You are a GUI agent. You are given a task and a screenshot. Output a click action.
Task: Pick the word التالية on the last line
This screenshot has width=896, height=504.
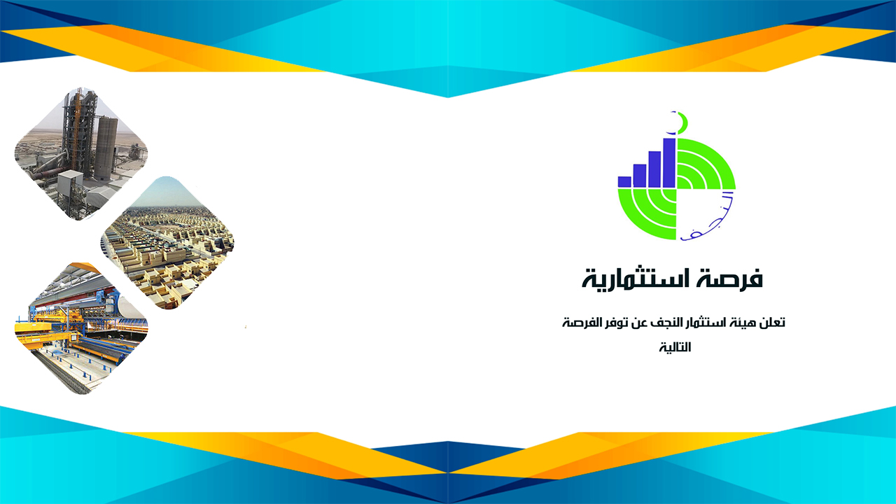(675, 346)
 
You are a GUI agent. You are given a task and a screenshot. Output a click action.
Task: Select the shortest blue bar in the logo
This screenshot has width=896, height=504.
(624, 181)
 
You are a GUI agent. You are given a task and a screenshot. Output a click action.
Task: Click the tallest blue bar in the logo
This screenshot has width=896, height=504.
(669, 163)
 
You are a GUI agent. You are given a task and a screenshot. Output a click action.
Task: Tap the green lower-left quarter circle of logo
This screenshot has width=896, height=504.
(647, 214)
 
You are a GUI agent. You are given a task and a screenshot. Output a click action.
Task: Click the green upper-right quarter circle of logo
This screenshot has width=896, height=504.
(706, 164)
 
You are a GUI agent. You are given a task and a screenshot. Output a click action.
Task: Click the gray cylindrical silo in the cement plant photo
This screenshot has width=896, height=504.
(106, 148)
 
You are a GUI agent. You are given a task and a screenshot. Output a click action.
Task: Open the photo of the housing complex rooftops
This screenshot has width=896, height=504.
(167, 243)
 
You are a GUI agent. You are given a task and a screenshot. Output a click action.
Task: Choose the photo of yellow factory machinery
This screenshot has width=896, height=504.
(82, 328)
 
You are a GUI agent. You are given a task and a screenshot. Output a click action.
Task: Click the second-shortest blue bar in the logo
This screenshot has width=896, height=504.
(640, 175)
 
